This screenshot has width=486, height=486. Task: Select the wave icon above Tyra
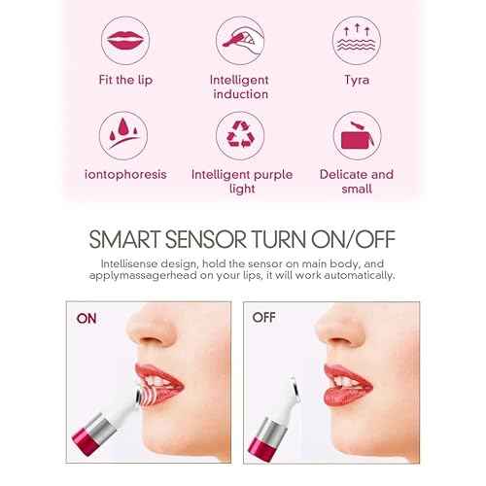(x=356, y=40)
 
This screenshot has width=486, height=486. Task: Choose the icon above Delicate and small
(x=356, y=134)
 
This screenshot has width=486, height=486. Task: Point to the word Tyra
(x=356, y=79)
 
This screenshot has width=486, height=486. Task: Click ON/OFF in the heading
(x=362, y=240)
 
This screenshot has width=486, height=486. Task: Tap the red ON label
(x=87, y=317)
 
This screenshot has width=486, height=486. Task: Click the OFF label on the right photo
(x=265, y=317)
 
